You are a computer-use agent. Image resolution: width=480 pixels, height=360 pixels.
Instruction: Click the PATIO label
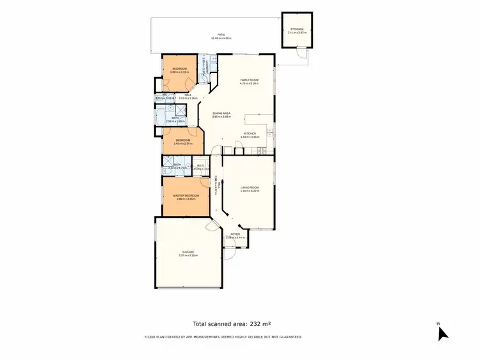pos(221,35)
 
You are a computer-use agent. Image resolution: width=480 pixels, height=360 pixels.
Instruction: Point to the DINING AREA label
pos(221,113)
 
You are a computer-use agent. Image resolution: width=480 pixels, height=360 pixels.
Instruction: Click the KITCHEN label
pos(249,133)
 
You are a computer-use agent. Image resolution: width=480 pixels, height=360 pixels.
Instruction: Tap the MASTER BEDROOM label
pos(185,195)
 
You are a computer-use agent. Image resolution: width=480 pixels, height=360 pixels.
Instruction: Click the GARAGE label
pos(188,252)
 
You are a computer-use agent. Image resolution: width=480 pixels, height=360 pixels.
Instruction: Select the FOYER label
pos(236,234)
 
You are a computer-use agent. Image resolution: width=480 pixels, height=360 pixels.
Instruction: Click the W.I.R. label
pos(200,165)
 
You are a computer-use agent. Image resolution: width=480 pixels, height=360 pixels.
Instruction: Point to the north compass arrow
pos(442,332)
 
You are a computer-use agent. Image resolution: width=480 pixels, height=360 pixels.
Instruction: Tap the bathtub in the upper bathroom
pos(159,117)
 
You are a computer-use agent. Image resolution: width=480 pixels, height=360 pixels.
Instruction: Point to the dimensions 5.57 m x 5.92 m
pos(188,256)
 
